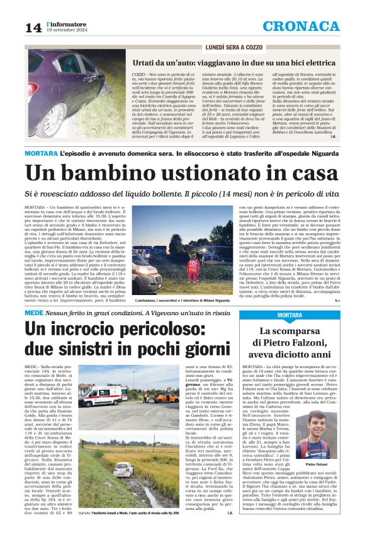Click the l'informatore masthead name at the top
coord(65,23)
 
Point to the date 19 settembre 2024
coord(66,30)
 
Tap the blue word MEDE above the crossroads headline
coord(34,312)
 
